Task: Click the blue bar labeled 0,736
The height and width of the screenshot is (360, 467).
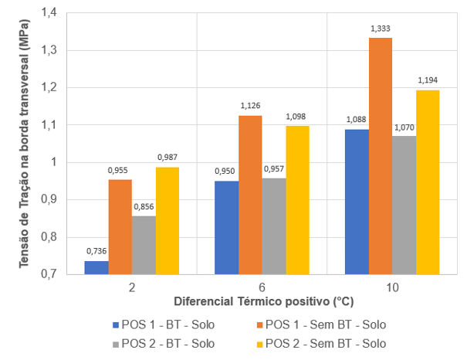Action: pyautogui.click(x=96, y=267)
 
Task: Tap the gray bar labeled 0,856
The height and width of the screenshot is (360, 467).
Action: pyautogui.click(x=144, y=245)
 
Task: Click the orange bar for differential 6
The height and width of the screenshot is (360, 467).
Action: pyautogui.click(x=250, y=195)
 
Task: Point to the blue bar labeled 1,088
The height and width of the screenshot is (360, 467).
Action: pyautogui.click(x=357, y=202)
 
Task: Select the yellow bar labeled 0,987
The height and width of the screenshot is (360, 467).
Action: pyautogui.click(x=167, y=220)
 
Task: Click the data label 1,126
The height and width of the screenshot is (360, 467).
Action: pyautogui.click(x=250, y=107)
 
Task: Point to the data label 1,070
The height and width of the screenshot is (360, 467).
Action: pyautogui.click(x=404, y=127)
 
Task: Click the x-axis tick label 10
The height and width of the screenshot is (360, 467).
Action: pyautogui.click(x=392, y=286)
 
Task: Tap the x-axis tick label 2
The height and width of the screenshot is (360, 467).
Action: pyautogui.click(x=132, y=286)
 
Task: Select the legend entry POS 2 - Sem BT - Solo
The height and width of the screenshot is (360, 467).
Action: pyautogui.click(x=325, y=343)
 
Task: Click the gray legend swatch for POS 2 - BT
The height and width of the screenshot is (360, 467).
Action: pyautogui.click(x=117, y=343)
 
